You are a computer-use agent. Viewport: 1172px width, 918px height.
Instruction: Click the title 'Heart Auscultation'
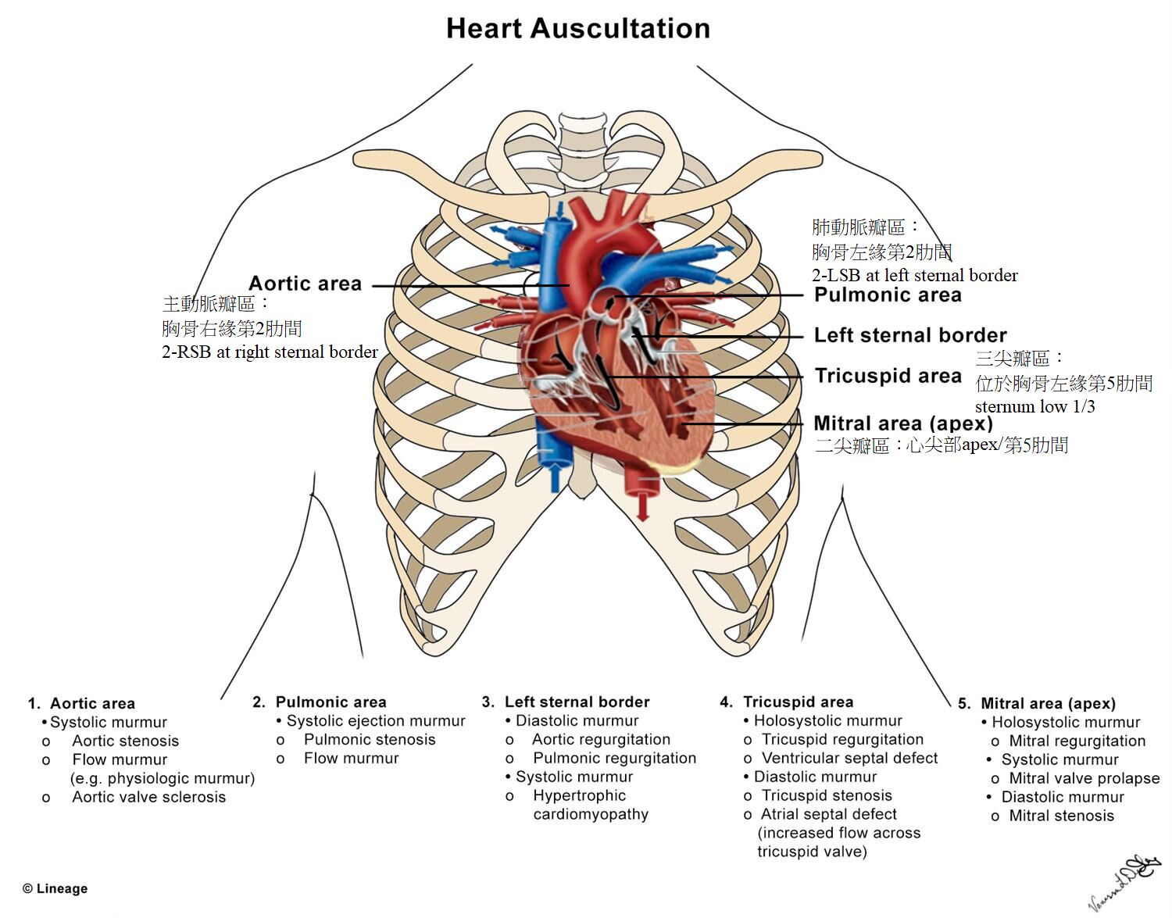[x=578, y=29]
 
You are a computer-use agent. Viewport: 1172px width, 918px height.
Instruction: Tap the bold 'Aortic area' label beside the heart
[x=305, y=284]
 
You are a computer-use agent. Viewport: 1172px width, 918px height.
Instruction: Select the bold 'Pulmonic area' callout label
[x=888, y=295]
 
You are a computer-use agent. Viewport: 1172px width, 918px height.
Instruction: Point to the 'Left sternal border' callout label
[x=910, y=336]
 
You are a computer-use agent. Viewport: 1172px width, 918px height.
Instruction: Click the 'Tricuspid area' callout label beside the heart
[x=888, y=377]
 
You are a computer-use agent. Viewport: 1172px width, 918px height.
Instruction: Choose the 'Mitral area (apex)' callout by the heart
[x=903, y=424]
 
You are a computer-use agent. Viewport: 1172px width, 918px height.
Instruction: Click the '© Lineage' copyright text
[x=55, y=889]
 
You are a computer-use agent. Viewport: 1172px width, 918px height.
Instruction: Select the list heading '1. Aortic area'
[x=81, y=704]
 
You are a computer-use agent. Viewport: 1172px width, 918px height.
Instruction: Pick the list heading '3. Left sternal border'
[x=566, y=702]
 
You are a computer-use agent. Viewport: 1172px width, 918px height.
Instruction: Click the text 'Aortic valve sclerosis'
[x=148, y=798]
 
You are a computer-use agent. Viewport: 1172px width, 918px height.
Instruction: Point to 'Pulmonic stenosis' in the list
[x=370, y=740]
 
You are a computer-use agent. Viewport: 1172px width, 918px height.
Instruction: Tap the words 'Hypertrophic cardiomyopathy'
[x=590, y=805]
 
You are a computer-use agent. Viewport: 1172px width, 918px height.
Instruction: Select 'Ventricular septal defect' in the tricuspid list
[x=849, y=759]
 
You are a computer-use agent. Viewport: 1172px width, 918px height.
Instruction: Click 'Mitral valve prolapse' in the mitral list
[x=1084, y=779]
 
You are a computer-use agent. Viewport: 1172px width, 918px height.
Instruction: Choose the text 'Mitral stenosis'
[x=1061, y=816]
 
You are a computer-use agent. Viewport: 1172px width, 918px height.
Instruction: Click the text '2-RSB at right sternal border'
[x=270, y=352]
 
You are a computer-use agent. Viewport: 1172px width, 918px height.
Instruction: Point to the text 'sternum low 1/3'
[x=1034, y=407]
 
